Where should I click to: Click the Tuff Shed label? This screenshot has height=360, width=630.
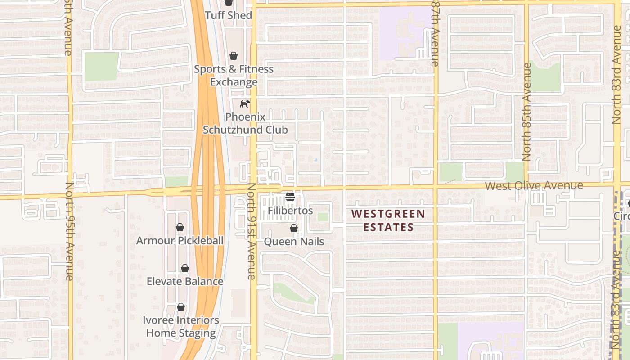(228, 15)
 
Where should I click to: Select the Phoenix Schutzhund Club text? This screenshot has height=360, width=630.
(245, 123)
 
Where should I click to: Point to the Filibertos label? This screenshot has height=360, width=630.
(290, 211)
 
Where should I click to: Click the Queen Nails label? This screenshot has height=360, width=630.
(294, 242)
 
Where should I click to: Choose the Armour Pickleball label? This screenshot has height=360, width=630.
(180, 241)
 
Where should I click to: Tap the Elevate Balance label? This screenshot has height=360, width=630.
(185, 282)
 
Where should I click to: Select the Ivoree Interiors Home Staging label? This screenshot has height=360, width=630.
(181, 327)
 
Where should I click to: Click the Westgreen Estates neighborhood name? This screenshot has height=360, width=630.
(388, 220)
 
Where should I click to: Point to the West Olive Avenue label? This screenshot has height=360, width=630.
(534, 185)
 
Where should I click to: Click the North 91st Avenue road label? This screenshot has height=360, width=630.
(252, 231)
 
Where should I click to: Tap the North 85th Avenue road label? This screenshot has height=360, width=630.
(527, 112)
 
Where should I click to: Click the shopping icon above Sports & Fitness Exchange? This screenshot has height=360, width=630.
(234, 56)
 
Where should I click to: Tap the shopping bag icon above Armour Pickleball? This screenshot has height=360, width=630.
(180, 227)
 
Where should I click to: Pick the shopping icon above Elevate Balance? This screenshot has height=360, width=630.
(185, 268)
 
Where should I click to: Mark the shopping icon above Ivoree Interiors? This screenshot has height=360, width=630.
(181, 307)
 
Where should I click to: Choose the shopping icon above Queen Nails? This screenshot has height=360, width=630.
(294, 228)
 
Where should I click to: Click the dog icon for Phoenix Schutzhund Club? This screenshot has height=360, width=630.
(245, 104)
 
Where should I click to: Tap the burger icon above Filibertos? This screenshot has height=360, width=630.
(290, 197)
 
